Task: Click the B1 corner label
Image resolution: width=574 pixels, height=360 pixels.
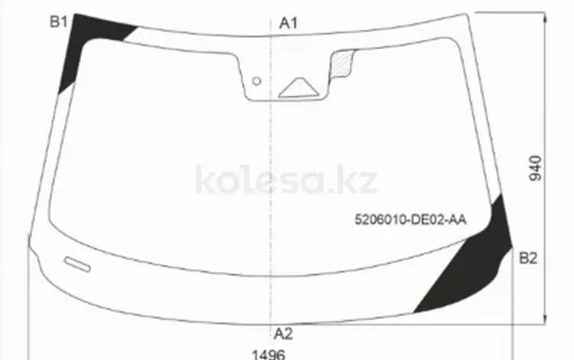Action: coord(59,22)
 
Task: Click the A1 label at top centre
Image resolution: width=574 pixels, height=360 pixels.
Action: coord(289,23)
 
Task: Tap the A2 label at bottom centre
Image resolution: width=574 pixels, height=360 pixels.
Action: coord(283,334)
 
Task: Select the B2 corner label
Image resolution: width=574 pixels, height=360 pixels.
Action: coord(528,259)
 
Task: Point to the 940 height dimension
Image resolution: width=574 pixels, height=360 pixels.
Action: coord(535,168)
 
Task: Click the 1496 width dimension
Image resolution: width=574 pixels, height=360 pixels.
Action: coord(269,355)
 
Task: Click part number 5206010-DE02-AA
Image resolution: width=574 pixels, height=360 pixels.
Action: coord(410,220)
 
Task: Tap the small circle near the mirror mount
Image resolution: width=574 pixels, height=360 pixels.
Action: coord(256,81)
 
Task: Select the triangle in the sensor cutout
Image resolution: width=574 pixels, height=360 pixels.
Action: coord(298,88)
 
